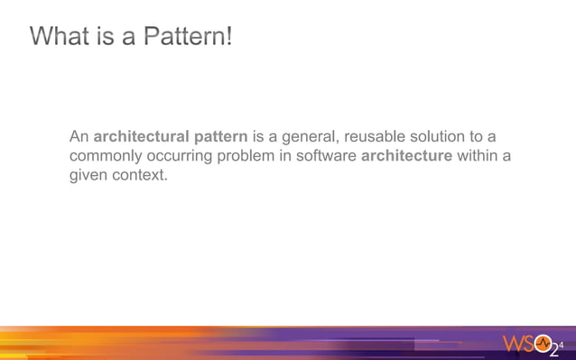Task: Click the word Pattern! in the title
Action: pos(191,37)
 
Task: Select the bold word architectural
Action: pos(144,137)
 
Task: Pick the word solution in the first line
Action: pos(443,137)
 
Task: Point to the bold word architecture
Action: pos(406,156)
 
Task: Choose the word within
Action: pos(478,156)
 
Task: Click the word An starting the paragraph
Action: pos(79,137)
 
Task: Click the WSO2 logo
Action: pos(532,345)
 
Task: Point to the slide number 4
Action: pos(563,343)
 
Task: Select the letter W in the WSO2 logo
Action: pos(512,345)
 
